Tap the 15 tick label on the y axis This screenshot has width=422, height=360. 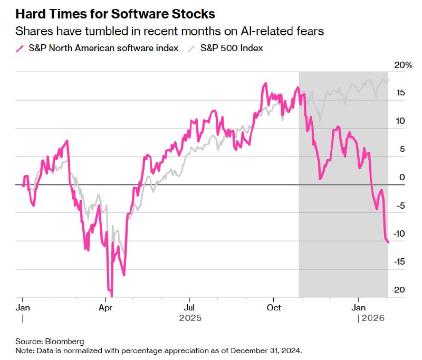pyautogui.click(x=400, y=93)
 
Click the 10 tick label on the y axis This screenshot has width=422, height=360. pyautogui.click(x=400, y=121)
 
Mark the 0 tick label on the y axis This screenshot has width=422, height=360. pyautogui.click(x=402, y=177)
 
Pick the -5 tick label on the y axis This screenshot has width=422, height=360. pyautogui.click(x=400, y=205)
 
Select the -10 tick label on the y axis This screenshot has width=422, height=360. pyautogui.click(x=399, y=233)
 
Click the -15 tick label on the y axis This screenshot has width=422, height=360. pyautogui.click(x=399, y=261)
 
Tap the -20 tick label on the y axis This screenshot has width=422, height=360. pyautogui.click(x=399, y=289)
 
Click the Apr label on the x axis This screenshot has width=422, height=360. pyautogui.click(x=105, y=307)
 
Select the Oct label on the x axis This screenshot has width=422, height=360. pyautogui.click(x=274, y=307)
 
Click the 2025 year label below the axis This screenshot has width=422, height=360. pyautogui.click(x=190, y=318)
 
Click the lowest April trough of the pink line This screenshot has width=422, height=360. pyautogui.click(x=111, y=296)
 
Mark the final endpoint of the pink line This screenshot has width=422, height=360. pyautogui.click(x=388, y=242)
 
